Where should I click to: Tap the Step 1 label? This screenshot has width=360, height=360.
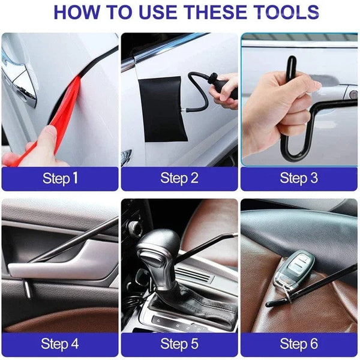pyautogui.click(x=60, y=178)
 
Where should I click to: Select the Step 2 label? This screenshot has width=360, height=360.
pyautogui.click(x=179, y=178)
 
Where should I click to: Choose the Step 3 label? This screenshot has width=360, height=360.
pyautogui.click(x=299, y=178)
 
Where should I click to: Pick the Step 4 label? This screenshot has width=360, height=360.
pyautogui.click(x=60, y=343)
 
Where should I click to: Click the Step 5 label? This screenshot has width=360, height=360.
pyautogui.click(x=179, y=343)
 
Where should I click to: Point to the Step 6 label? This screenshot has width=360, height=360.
pyautogui.click(x=299, y=343)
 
